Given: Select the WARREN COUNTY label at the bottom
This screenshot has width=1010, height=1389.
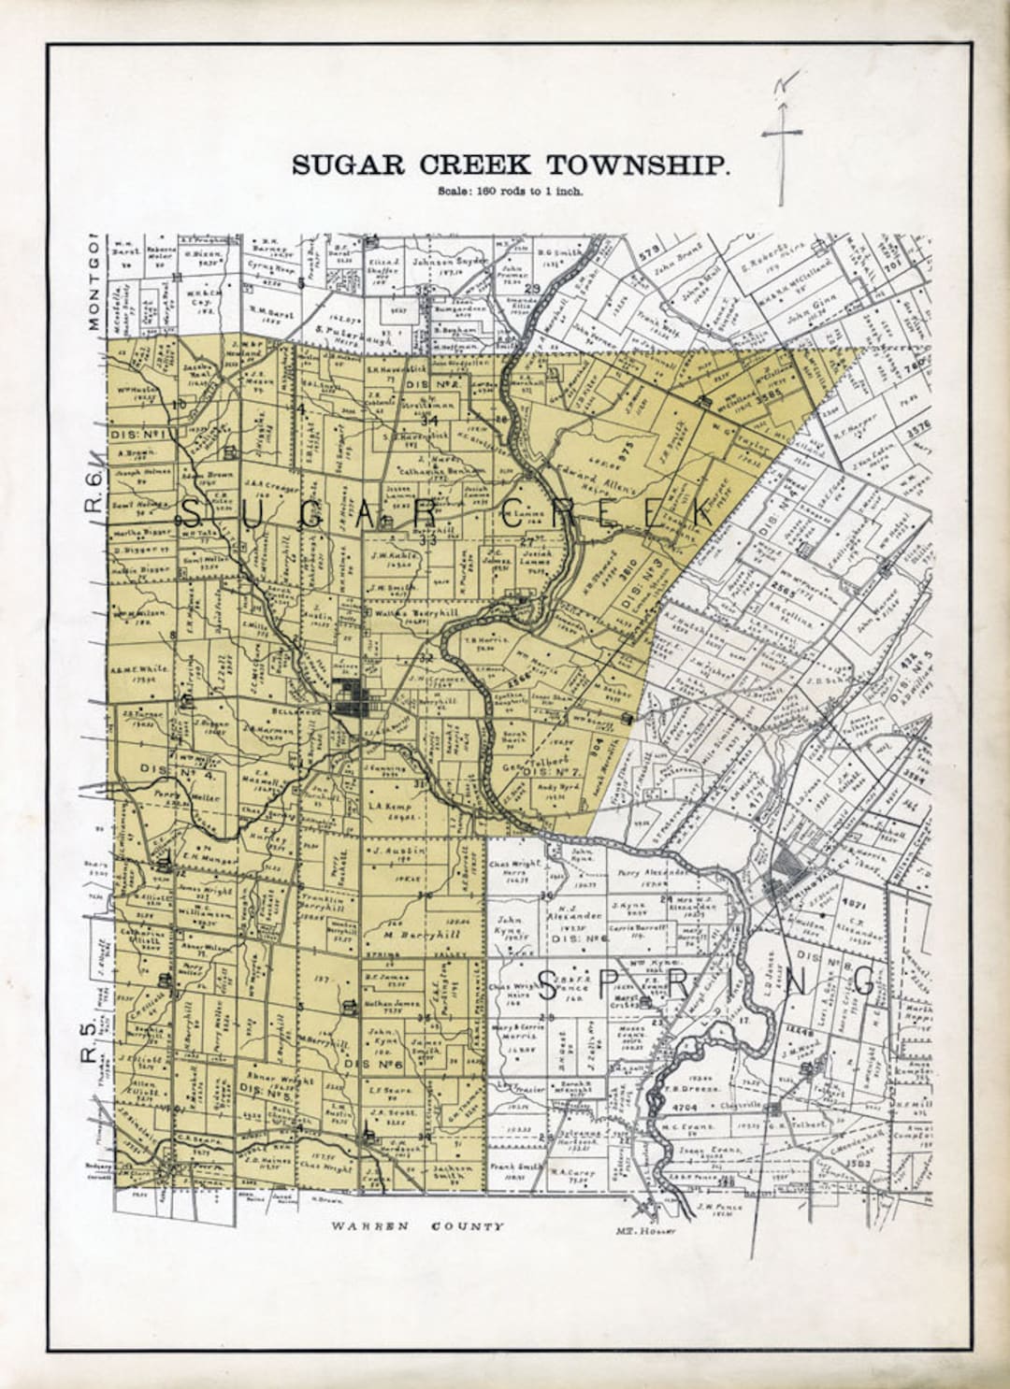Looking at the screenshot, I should pyautogui.click(x=419, y=1226).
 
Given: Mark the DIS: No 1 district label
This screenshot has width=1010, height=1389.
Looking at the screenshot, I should pyautogui.click(x=137, y=435).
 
